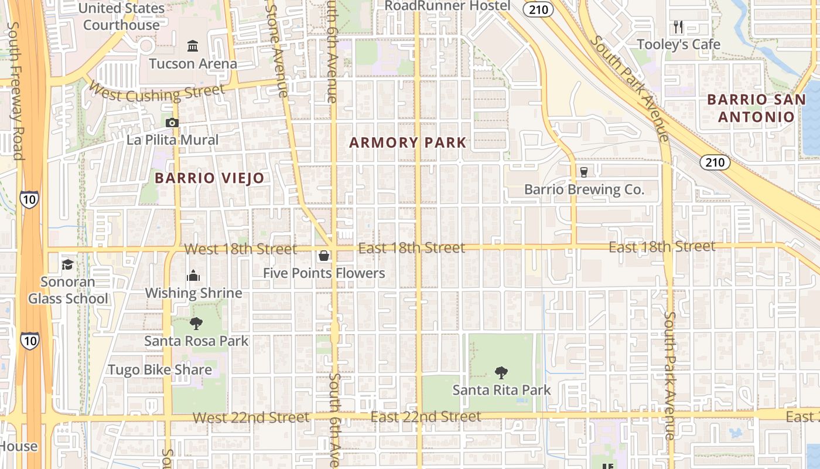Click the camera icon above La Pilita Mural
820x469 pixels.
tap(172, 123)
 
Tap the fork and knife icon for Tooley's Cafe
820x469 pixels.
tap(678, 27)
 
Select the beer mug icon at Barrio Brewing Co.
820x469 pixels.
tap(583, 172)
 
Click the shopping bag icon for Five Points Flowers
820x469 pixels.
tap(323, 256)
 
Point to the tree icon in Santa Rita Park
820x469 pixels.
tap(501, 372)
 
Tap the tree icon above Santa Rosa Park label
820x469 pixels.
tap(196, 323)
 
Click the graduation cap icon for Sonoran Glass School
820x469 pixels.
tap(68, 264)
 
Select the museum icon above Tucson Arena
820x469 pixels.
tap(192, 46)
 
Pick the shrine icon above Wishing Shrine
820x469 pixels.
tap(193, 276)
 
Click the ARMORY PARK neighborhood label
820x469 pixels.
tap(408, 142)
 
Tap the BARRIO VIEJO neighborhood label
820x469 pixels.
tap(210, 178)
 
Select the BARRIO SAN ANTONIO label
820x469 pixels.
tap(756, 108)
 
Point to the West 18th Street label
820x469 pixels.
tap(240, 249)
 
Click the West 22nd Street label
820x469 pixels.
tap(251, 417)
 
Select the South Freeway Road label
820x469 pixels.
tap(16, 91)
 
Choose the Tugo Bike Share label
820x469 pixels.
tap(159, 370)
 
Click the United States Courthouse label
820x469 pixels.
tap(121, 16)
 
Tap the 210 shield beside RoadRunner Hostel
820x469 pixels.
tap(538, 8)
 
